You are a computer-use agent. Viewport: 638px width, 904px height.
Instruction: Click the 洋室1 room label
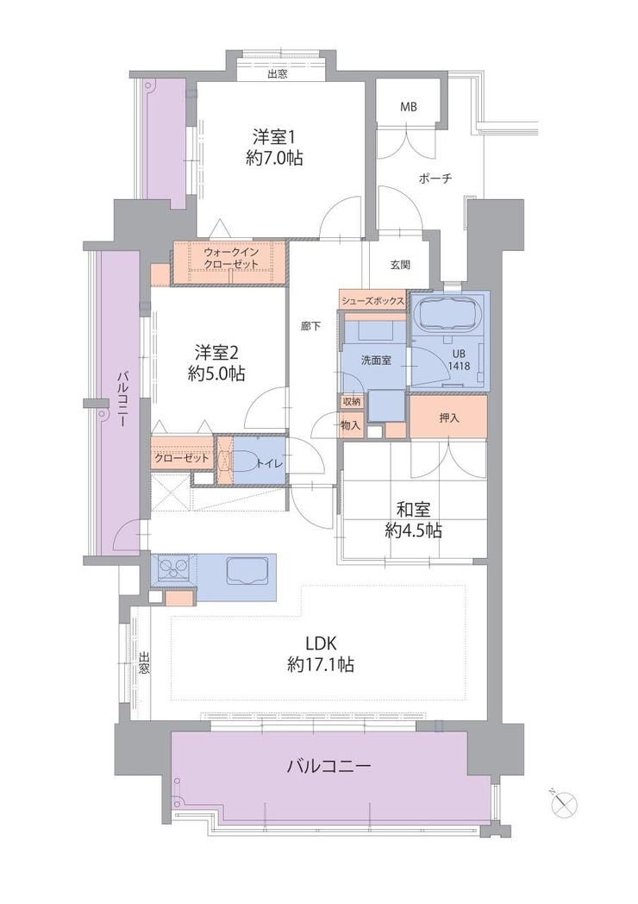point(274,138)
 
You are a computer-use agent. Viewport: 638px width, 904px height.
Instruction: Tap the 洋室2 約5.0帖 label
point(216,362)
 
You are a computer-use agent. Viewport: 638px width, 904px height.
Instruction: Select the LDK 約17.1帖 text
point(320,653)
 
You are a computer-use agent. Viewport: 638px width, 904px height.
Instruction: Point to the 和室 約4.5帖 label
point(413,519)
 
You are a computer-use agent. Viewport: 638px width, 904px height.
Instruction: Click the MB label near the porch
point(409,107)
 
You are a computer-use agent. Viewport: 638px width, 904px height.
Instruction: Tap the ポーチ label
point(435,179)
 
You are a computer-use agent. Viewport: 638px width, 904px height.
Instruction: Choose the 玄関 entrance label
point(400,265)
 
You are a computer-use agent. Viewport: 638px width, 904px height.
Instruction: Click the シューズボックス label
point(372,300)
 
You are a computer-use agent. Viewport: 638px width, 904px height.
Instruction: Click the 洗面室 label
point(377,361)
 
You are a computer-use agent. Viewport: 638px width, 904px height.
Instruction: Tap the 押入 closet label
point(449,418)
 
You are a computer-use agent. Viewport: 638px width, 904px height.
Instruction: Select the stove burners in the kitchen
point(173,569)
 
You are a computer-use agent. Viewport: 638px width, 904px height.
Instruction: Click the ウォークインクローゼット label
point(230,258)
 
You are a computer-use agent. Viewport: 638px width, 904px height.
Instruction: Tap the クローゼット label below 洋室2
point(182,459)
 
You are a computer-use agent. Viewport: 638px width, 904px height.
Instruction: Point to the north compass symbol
point(564,804)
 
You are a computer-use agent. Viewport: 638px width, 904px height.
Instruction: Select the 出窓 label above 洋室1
point(278,74)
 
